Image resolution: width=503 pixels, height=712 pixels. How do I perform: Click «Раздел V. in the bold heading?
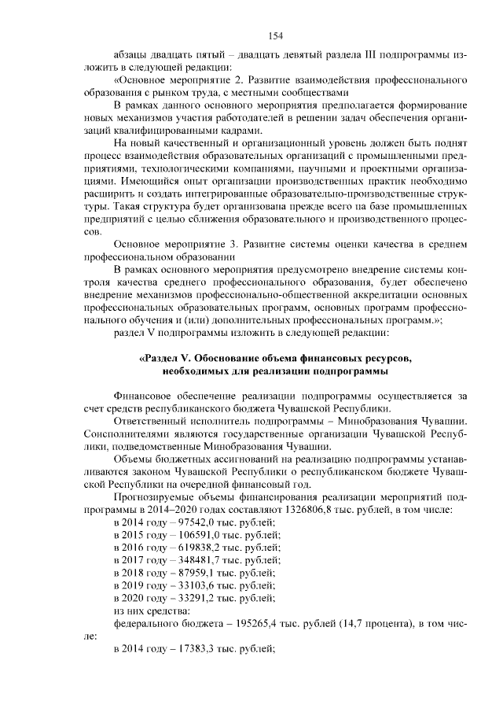point(167,358)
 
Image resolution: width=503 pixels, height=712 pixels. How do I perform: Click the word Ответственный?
point(149,422)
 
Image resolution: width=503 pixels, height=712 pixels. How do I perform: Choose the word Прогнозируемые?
point(152,497)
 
